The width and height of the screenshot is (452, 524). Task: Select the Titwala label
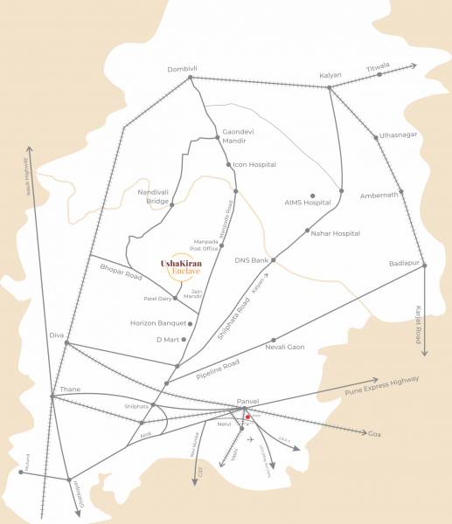tap(379, 65)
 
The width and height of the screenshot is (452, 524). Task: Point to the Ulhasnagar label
tap(398, 135)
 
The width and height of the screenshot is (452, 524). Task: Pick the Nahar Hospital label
tap(336, 234)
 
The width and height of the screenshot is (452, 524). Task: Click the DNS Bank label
tap(251, 260)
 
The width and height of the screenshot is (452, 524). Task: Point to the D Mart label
tap(167, 339)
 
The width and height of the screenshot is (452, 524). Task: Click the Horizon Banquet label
tap(156, 323)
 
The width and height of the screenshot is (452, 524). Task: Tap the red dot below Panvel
tap(248, 417)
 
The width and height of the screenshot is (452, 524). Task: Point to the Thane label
tap(69, 389)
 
